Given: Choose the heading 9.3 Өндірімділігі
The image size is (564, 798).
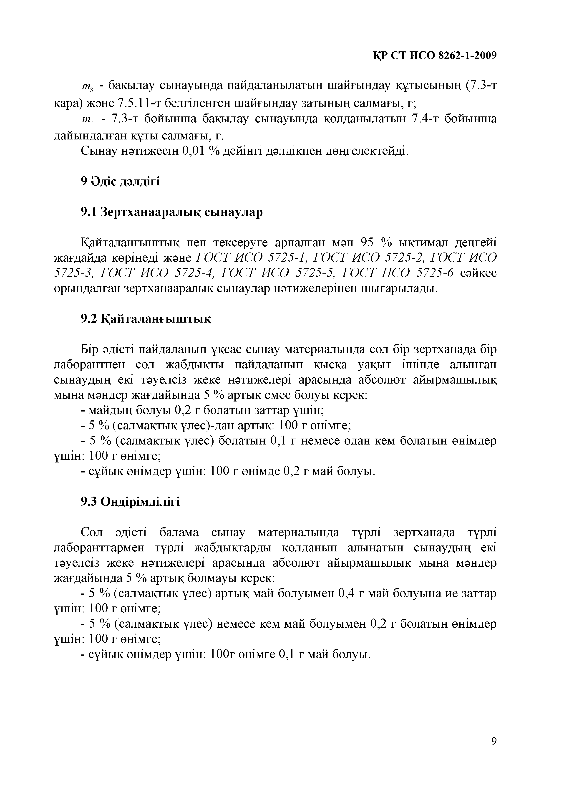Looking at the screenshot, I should click(x=130, y=502).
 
